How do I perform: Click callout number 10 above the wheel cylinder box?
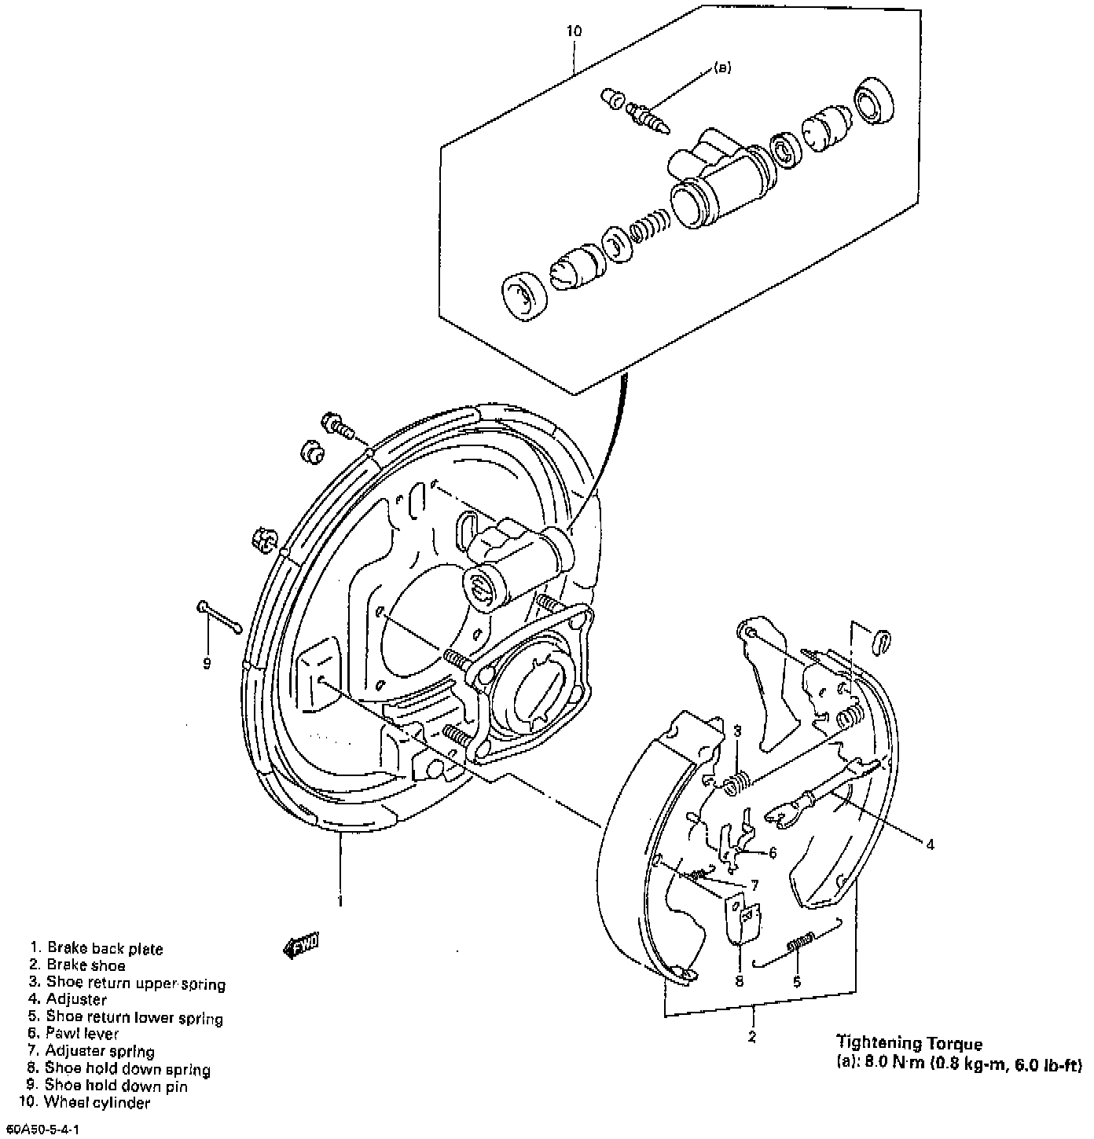pyautogui.click(x=574, y=32)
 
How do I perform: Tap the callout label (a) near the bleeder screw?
pyautogui.click(x=722, y=68)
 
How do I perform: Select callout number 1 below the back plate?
pyautogui.click(x=340, y=901)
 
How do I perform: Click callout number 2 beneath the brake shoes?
pyautogui.click(x=752, y=1037)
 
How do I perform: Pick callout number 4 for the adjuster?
pyautogui.click(x=930, y=845)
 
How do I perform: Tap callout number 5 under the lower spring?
pyautogui.click(x=796, y=981)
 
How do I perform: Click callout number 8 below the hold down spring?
pyautogui.click(x=739, y=981)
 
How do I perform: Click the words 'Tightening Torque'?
pyautogui.click(x=909, y=1043)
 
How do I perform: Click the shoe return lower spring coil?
pyautogui.click(x=799, y=943)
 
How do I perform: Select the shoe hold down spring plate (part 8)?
pyautogui.click(x=740, y=917)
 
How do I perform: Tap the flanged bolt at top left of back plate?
pyautogui.click(x=338, y=427)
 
